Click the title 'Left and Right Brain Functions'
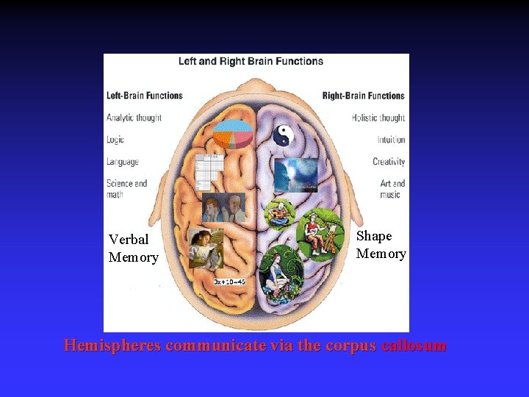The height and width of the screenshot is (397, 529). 251,61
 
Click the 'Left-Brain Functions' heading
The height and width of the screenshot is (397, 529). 145,96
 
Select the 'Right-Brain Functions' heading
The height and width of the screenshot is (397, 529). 364,96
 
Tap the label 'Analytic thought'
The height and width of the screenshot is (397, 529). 134,118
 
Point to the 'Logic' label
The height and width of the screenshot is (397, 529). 115,140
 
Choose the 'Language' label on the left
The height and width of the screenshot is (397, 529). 122,162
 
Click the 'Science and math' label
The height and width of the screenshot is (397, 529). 126,189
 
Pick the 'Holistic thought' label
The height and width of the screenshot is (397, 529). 378,118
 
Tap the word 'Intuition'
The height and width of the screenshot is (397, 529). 391,140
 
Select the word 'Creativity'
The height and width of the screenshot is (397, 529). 389,162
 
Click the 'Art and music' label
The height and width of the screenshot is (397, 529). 392,189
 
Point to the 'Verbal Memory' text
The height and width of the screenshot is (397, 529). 133,248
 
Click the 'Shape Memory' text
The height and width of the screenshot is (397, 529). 381,245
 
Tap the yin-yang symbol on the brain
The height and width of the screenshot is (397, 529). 284,135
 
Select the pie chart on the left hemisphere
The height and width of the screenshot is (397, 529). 234,135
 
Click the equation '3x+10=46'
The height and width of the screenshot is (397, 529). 229,282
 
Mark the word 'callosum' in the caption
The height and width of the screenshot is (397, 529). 414,346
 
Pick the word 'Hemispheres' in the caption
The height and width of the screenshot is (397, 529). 112,346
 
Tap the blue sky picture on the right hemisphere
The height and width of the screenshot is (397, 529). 295,175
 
